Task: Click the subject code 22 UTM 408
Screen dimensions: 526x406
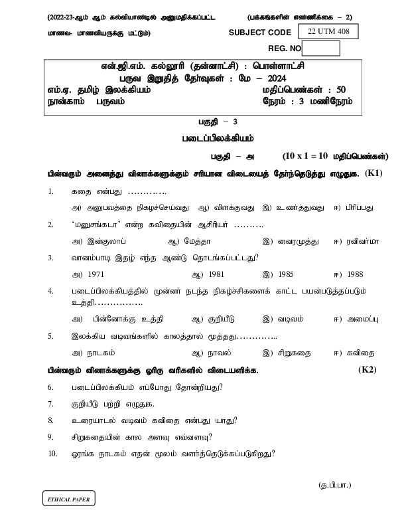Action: coord(328,31)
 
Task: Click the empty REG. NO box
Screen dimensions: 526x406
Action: coord(320,48)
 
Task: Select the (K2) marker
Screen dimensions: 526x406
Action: coord(367,369)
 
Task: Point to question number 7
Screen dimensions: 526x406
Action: coord(50,403)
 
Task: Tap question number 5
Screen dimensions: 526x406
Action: coord(50,336)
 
